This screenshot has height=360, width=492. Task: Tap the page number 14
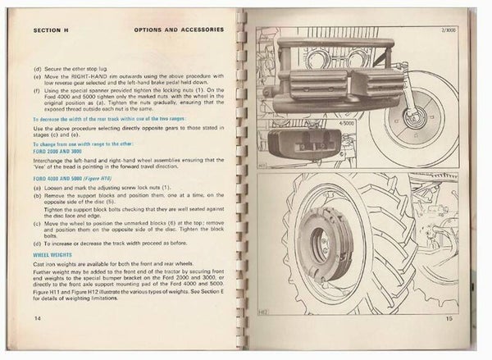pos(38,317)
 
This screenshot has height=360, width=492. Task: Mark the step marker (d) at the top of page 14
pos(38,69)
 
